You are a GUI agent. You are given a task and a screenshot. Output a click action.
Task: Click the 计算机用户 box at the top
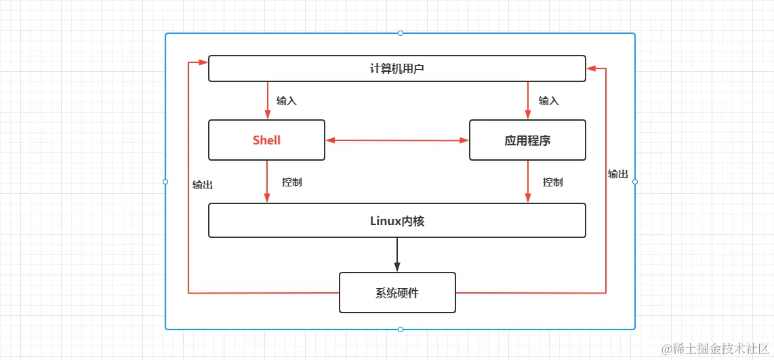coord(396,68)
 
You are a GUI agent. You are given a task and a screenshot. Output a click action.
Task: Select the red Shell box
coord(266,140)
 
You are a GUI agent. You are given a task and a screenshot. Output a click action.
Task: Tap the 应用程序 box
coord(527,140)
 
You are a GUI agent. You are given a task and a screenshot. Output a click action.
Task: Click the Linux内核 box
coord(396,220)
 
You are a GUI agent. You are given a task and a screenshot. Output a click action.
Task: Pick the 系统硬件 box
coord(397,293)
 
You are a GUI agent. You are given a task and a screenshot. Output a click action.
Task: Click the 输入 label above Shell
coord(287,101)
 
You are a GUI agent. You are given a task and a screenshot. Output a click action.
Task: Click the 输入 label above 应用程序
coord(548,101)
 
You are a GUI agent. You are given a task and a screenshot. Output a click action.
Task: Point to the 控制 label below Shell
coord(291,182)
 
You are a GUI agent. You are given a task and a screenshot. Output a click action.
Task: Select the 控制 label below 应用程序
coord(552,182)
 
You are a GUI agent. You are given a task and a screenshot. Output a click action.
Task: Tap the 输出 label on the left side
coord(203,184)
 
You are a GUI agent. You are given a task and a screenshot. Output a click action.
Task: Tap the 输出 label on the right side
coord(617,174)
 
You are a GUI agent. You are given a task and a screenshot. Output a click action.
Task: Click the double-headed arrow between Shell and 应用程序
coord(397,140)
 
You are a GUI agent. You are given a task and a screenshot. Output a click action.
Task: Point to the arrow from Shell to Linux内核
coord(267,182)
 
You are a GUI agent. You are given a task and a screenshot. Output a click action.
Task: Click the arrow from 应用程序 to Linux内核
coord(528,182)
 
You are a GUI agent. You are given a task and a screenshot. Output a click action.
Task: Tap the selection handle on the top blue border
coord(400,33)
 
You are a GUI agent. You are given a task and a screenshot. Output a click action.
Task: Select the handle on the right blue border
coord(635,182)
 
